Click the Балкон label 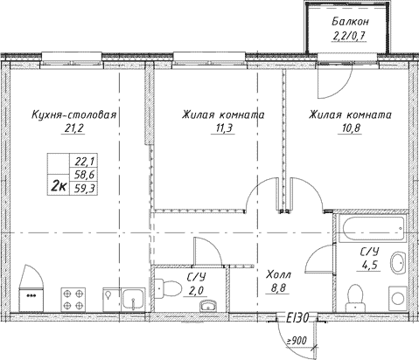click(350, 22)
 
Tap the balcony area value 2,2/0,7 click(349, 36)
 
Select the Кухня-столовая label click(74, 114)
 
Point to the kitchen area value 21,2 click(73, 128)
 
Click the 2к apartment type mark click(59, 185)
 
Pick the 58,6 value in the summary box click(82, 175)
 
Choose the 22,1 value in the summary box click(82, 161)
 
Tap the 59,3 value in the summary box click(82, 189)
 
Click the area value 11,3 click(223, 128)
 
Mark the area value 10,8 click(350, 128)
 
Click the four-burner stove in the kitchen click(73, 300)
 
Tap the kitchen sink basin click(133, 299)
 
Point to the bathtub click(374, 229)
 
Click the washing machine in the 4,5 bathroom click(398, 299)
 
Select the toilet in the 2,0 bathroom click(167, 289)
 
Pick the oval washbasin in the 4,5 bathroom click(398, 263)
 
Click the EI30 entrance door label click(297, 318)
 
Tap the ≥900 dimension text click(297, 340)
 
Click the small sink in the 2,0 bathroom click(208, 306)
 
